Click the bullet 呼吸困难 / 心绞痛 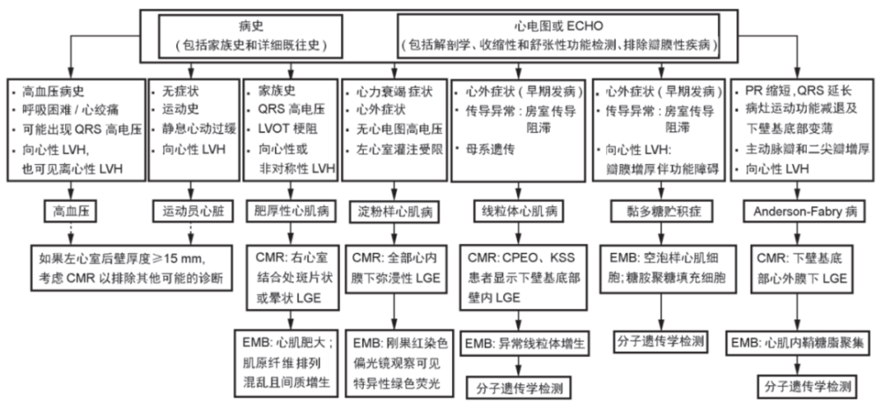[x=72, y=110]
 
